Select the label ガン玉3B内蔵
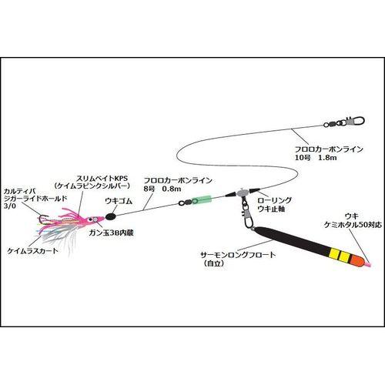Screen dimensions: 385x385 pos(113,233)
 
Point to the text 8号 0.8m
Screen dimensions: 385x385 pos(163,189)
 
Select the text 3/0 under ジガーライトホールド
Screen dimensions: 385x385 pos(10,206)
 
